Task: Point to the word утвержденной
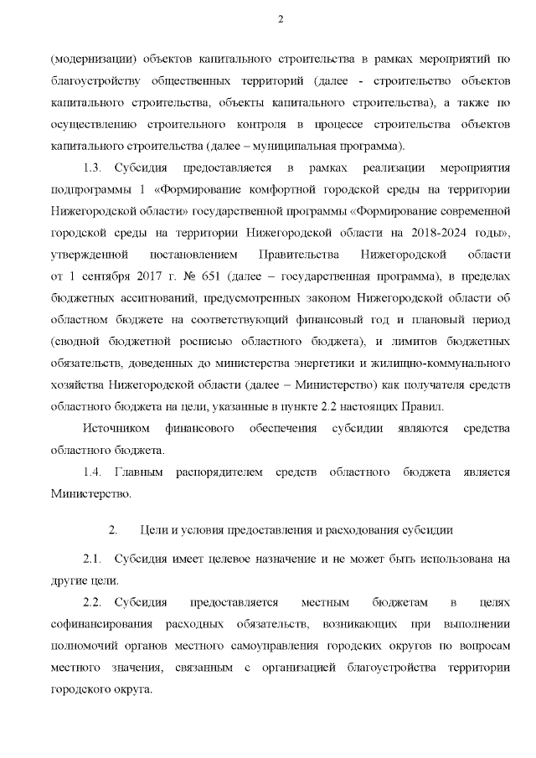point(89,254)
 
